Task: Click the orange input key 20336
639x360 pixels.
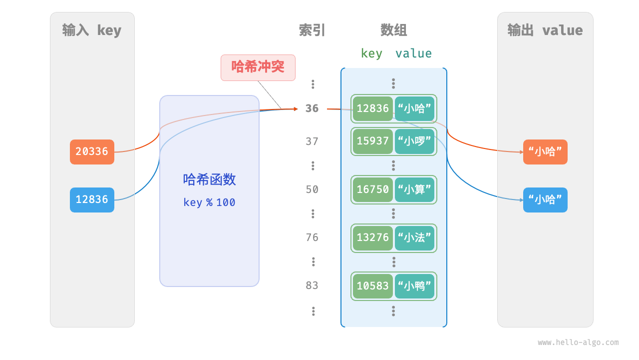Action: pyautogui.click(x=92, y=151)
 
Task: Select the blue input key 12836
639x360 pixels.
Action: pyautogui.click(x=92, y=199)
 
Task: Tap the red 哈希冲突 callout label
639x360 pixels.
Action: pyautogui.click(x=258, y=67)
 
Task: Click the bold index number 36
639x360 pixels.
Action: pyautogui.click(x=312, y=108)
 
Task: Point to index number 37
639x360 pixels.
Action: pyautogui.click(x=312, y=141)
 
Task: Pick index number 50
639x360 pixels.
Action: pyautogui.click(x=312, y=189)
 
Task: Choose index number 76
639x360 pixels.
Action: pyautogui.click(x=312, y=237)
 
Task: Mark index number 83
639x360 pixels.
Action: pyautogui.click(x=312, y=285)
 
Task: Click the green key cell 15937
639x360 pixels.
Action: pyautogui.click(x=372, y=141)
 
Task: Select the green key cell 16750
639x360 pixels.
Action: pyautogui.click(x=372, y=189)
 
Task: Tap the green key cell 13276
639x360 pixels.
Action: pyautogui.click(x=372, y=237)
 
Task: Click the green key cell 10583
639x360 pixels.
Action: pyautogui.click(x=372, y=285)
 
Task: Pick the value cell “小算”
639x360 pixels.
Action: pyautogui.click(x=414, y=189)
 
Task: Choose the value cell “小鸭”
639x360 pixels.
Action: pyautogui.click(x=414, y=285)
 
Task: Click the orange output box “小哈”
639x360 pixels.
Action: pyautogui.click(x=545, y=152)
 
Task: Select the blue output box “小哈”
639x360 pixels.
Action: pyautogui.click(x=545, y=200)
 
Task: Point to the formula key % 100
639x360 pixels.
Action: pyautogui.click(x=209, y=202)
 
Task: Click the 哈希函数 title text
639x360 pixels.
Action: pyautogui.click(x=209, y=179)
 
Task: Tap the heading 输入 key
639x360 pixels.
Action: pyautogui.click(x=92, y=30)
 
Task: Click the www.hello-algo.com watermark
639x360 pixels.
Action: pyautogui.click(x=578, y=342)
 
